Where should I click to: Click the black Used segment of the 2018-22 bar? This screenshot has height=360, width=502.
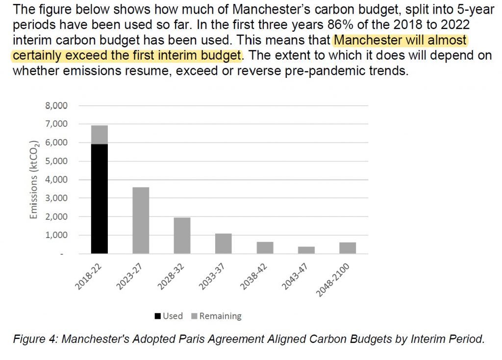pos(99,198)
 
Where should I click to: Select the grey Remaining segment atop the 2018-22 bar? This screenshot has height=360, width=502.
pos(99,135)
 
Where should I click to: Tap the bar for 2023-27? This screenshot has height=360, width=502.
pos(141,220)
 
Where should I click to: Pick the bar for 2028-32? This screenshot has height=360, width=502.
pos(182,236)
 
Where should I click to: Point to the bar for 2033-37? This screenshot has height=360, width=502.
pos(223,243)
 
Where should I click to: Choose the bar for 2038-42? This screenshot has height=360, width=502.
pos(265,247)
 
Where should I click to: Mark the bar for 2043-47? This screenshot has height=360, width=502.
pos(306,250)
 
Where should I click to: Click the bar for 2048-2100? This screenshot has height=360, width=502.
pos(348,248)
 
